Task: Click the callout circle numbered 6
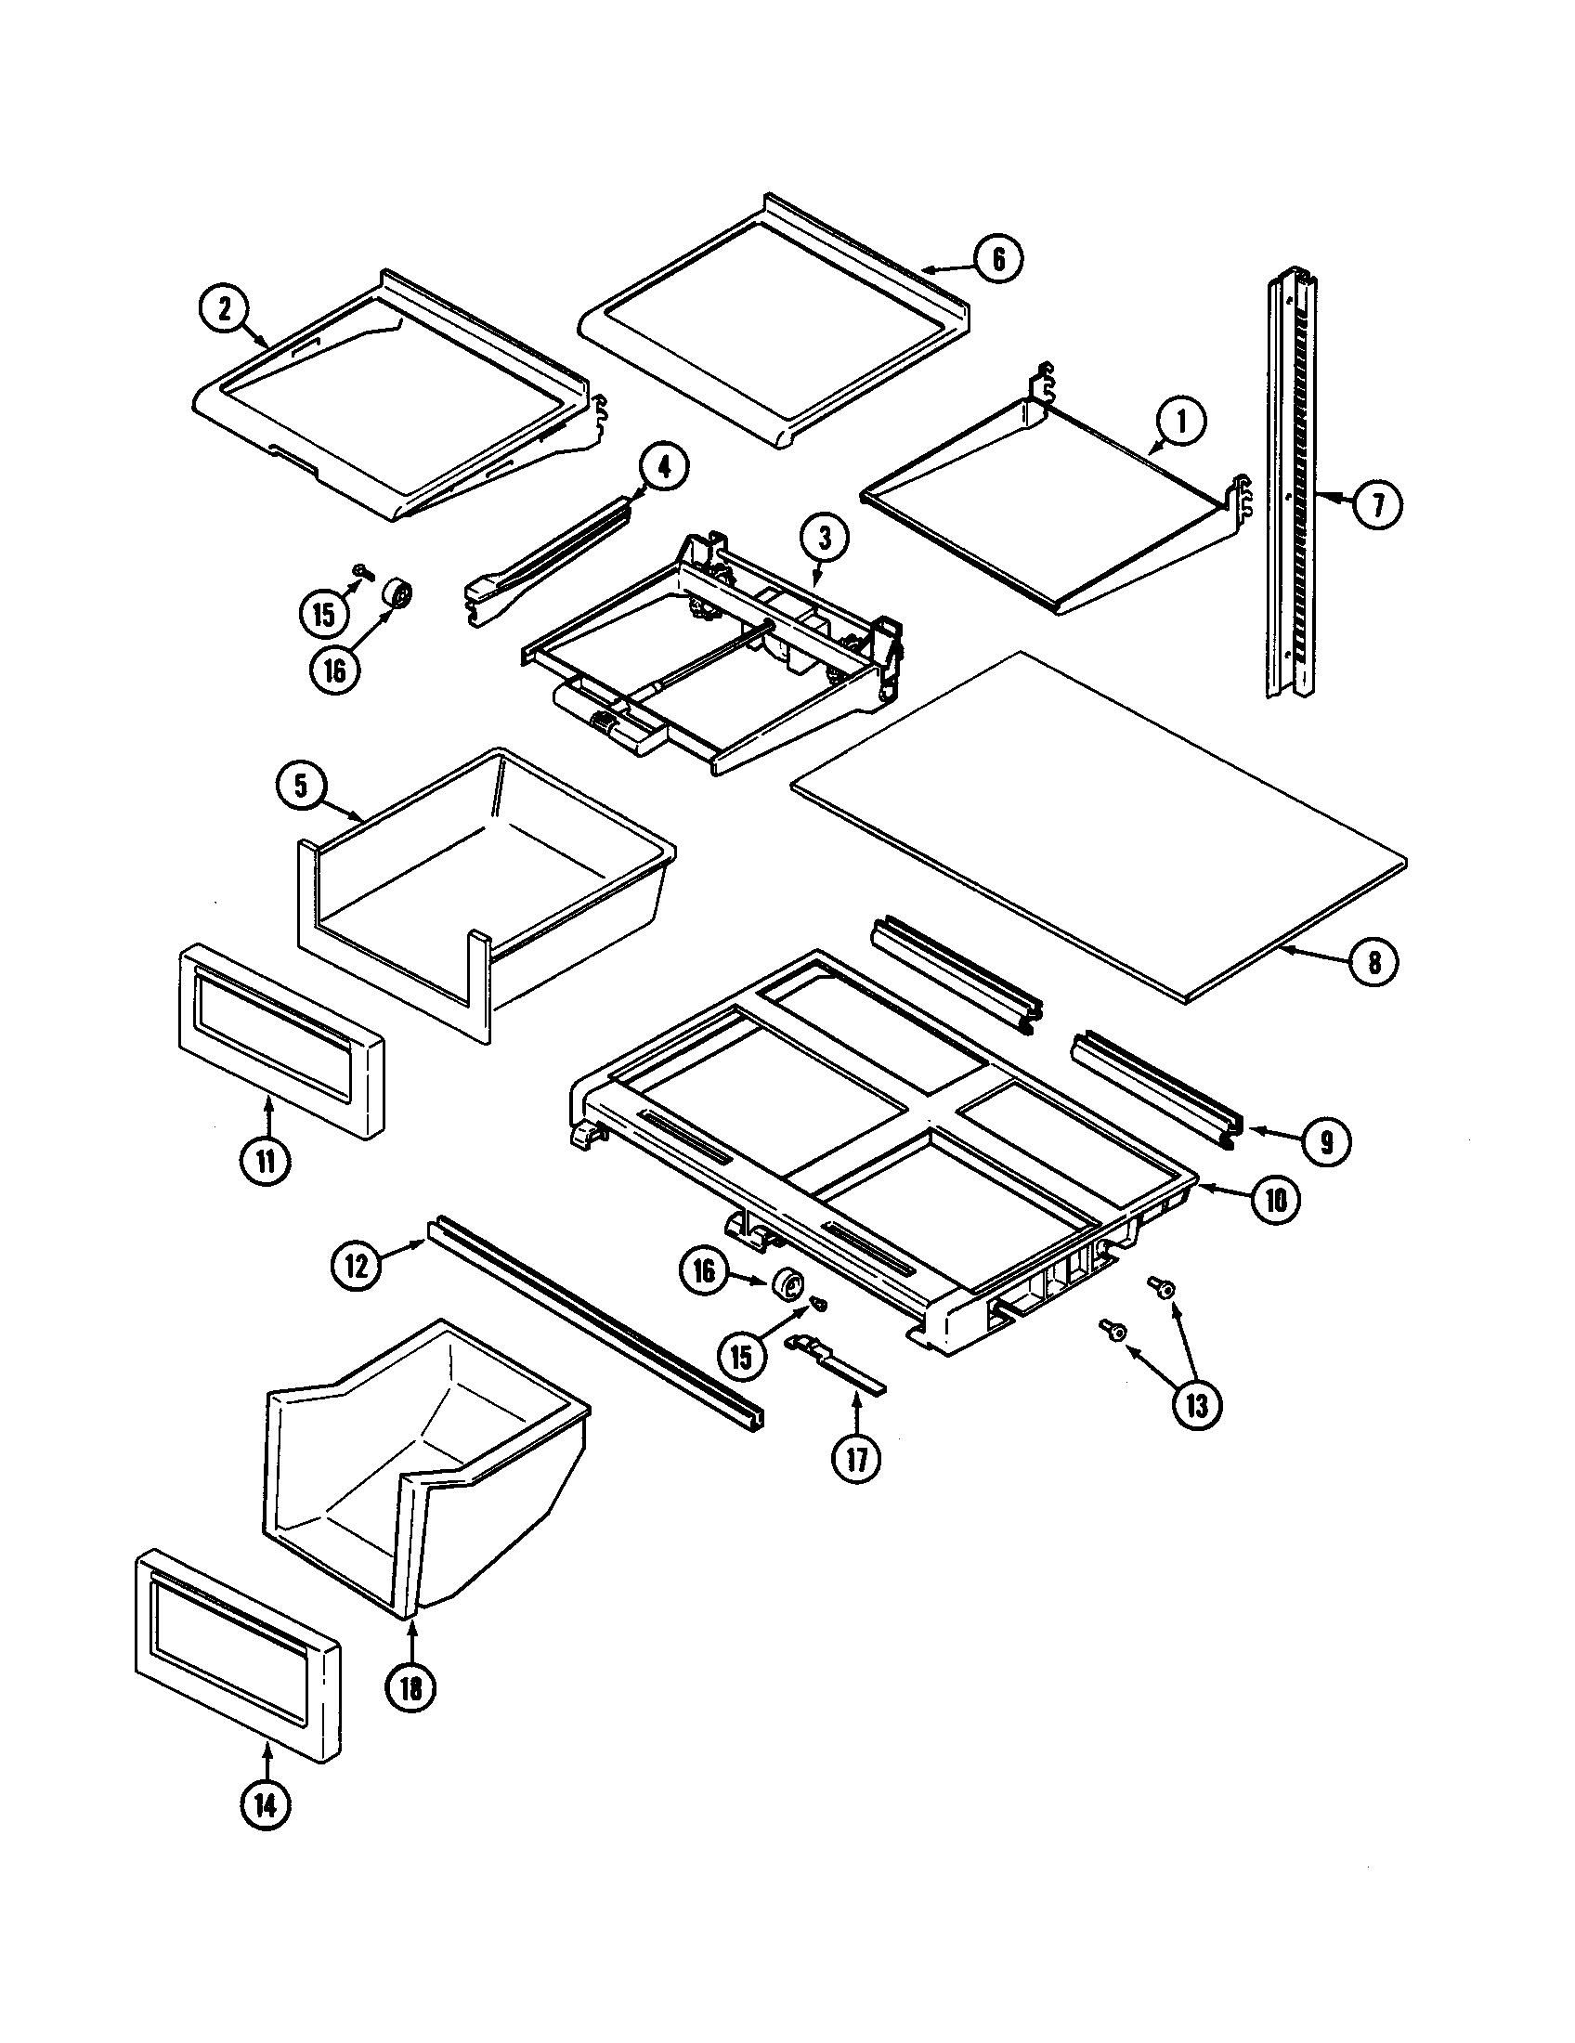pyautogui.click(x=998, y=259)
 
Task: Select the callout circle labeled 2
pyautogui.click(x=225, y=309)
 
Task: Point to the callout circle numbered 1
pyautogui.click(x=1181, y=423)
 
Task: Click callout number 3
pyautogui.click(x=825, y=538)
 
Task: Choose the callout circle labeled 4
pyautogui.click(x=664, y=471)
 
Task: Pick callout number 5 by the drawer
pyautogui.click(x=301, y=786)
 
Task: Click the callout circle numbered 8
pyautogui.click(x=1373, y=962)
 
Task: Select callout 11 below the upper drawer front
pyautogui.click(x=267, y=1162)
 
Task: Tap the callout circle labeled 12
pyautogui.click(x=357, y=1267)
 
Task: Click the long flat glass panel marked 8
pyautogui.click(x=1094, y=827)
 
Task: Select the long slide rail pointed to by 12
pyautogui.click(x=597, y=1321)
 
